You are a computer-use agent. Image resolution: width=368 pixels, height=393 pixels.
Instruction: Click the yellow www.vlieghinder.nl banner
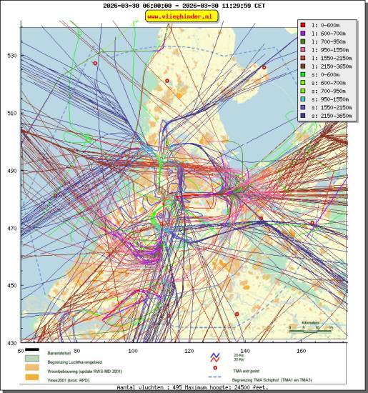pyautogui.click(x=183, y=16)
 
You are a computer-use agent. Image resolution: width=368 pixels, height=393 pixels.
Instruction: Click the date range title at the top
pyautogui.click(x=184, y=6)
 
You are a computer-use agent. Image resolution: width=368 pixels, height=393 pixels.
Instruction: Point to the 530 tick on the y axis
pyautogui.click(x=11, y=55)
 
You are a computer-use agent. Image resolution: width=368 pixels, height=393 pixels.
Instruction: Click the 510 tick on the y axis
pyautogui.click(x=11, y=113)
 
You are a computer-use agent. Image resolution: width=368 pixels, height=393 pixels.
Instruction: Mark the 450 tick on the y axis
pyautogui.click(x=11, y=286)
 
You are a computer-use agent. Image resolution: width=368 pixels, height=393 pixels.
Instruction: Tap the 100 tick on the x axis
pyautogui.click(x=132, y=351)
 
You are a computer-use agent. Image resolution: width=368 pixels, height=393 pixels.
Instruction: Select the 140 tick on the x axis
pyautogui.click(x=244, y=351)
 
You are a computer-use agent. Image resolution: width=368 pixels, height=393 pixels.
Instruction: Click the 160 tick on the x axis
pyautogui.click(x=301, y=351)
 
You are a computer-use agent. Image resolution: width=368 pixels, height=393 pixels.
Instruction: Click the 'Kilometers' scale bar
pyautogui.click(x=311, y=328)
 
